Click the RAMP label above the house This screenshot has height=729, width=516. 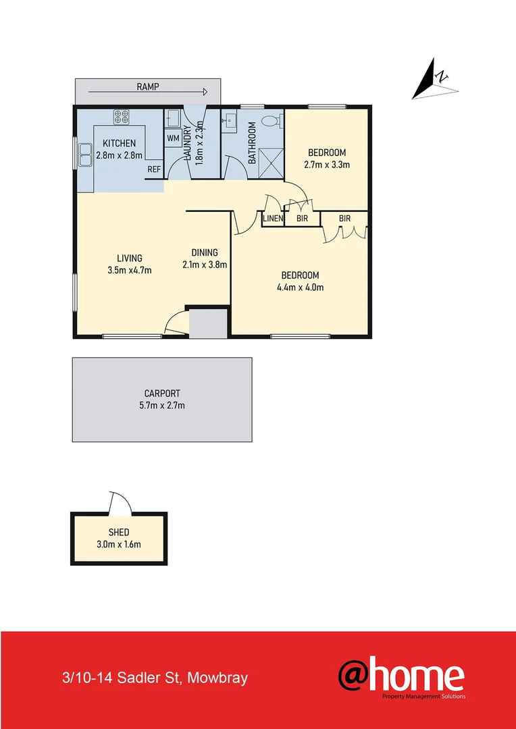pos(147,86)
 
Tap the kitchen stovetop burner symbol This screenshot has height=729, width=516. pos(122,117)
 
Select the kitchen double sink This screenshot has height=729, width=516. pos(85,155)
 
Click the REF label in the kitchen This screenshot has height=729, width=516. pos(154,169)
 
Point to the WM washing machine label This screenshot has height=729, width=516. pos(172,138)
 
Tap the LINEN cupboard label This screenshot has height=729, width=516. pos(273,219)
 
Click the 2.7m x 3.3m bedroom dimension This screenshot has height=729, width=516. pos(327,164)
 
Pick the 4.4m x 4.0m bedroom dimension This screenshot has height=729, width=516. pos(300,287)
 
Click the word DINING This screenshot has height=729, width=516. pos(204,253)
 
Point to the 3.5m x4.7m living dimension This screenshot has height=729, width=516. pos(129,270)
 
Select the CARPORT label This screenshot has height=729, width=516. pos(162,394)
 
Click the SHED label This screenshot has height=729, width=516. pos(119,533)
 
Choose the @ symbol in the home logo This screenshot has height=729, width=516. pos(359,676)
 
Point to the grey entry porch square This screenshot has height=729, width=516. pos(208,323)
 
